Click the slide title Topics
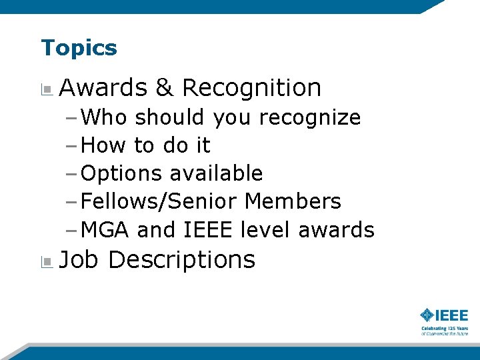coord(79,48)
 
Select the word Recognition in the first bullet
coord(251,87)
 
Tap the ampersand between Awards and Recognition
coord(163,87)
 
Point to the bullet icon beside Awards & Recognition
coord(46,89)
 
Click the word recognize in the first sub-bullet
coord(309,117)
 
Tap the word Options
coord(121,173)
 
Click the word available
coord(216,173)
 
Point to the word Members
coord(293,201)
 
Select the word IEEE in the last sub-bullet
coord(207,230)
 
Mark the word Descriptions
coord(181,260)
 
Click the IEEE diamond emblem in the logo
coord(427,315)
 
